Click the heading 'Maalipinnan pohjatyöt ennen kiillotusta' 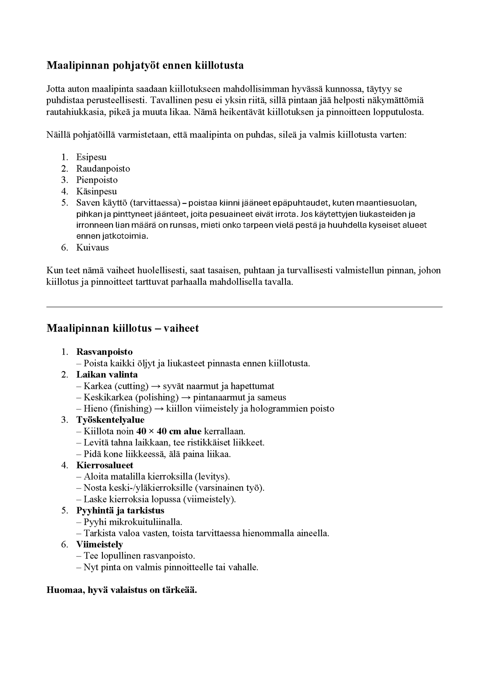click(145, 65)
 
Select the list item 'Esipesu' click(91, 157)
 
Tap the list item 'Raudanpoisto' click(103, 168)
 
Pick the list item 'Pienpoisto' click(97, 180)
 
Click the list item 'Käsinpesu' click(96, 191)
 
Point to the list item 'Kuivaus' click(92, 248)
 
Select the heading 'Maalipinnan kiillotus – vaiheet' click(123, 328)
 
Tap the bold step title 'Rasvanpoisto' click(104, 352)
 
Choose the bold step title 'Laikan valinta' click(107, 374)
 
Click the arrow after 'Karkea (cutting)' click(156, 386)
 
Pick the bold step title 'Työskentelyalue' click(110, 420)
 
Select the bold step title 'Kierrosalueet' click(105, 465)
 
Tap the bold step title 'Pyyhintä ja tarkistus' click(120, 510)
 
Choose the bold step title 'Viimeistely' click(99, 544)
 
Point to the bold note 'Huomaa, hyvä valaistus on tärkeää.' click(122, 590)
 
